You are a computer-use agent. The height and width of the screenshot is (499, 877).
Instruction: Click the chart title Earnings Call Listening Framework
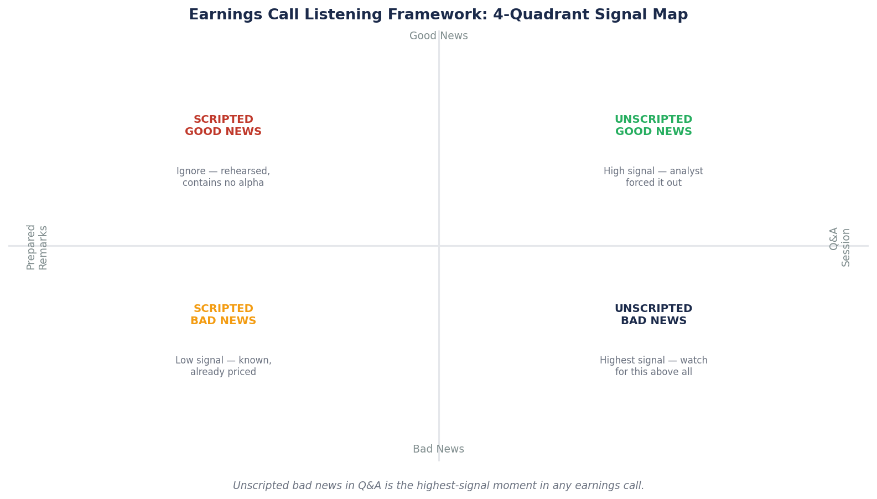tap(438, 15)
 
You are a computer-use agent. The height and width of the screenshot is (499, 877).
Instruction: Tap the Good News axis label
tap(438, 36)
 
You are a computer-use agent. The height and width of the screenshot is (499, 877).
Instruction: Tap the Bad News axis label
tap(438, 449)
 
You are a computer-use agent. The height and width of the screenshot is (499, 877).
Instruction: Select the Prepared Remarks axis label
tap(37, 247)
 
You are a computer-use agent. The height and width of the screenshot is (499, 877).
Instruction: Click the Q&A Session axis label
tap(839, 247)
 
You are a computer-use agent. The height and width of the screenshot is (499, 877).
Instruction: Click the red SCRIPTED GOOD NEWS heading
tap(223, 126)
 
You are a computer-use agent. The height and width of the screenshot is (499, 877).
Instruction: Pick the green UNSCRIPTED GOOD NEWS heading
tap(653, 126)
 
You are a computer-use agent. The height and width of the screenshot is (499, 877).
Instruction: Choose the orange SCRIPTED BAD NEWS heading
tap(223, 315)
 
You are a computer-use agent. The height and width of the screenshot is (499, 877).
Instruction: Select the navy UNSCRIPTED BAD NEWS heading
tap(653, 315)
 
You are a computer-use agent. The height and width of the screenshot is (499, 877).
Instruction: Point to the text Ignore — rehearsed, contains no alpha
tap(223, 177)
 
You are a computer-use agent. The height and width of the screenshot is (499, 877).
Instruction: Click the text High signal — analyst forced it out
tap(653, 177)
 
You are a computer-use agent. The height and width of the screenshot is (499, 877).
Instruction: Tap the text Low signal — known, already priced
tap(223, 366)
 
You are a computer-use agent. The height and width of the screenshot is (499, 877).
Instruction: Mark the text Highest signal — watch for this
tap(653, 366)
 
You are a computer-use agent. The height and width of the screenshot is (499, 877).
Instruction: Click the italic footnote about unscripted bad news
tap(438, 486)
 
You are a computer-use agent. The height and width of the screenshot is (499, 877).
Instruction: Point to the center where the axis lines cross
tap(439, 246)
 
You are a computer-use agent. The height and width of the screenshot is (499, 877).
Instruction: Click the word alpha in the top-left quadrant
tap(251, 183)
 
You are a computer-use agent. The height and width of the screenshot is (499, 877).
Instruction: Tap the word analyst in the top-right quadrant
tap(686, 171)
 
